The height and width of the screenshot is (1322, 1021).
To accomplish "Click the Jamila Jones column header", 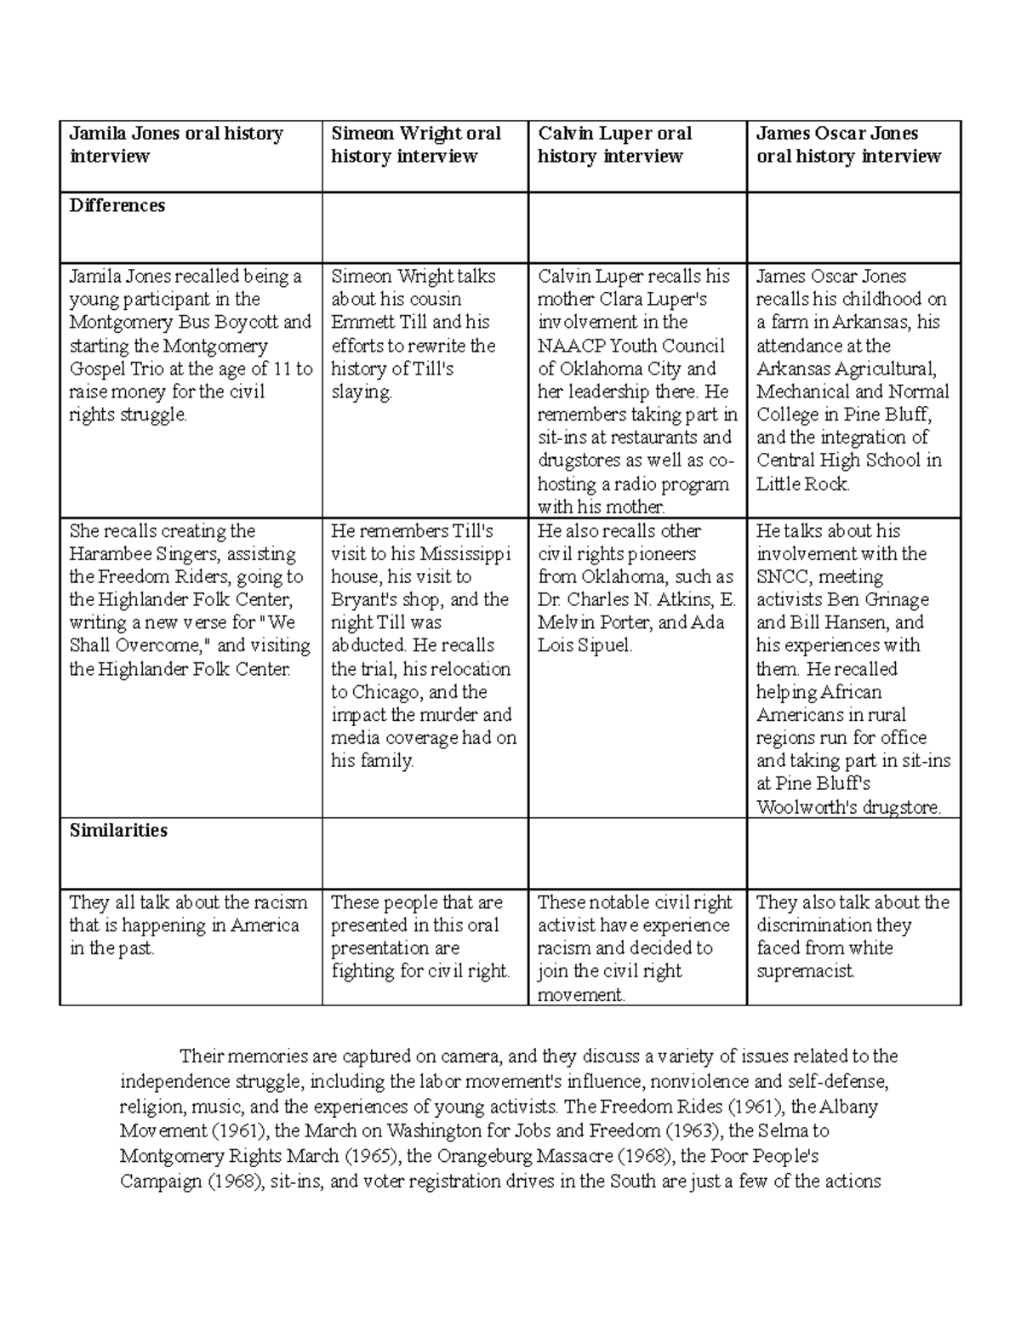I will (175, 145).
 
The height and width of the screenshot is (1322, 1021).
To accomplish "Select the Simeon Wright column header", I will (415, 145).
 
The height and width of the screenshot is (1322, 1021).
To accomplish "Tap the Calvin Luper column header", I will (613, 145).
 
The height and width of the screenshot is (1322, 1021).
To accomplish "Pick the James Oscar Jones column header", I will (848, 145).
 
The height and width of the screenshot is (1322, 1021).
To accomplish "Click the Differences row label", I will (117, 205).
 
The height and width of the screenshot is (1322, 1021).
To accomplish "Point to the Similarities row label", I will (118, 830).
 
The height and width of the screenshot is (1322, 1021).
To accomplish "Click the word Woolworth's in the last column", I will (806, 807).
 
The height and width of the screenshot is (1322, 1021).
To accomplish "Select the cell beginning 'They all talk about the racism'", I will (189, 925).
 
